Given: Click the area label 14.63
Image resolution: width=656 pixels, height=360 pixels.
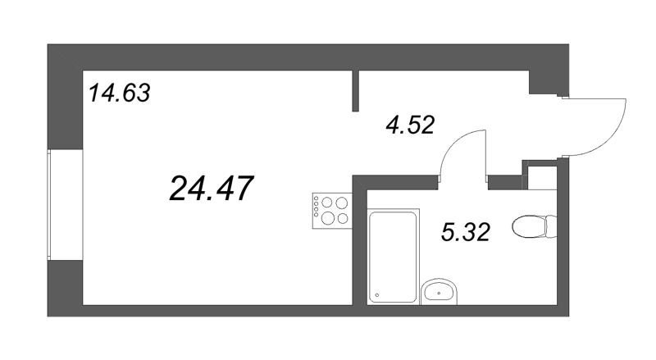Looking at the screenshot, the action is [120, 93].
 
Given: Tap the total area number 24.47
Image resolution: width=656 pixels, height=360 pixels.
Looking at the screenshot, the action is [212, 189].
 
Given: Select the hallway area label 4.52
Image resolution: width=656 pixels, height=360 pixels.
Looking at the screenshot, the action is [410, 125].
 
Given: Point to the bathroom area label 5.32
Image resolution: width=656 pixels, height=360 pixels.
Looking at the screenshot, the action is [465, 232].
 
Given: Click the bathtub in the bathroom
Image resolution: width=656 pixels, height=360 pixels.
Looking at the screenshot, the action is [394, 257].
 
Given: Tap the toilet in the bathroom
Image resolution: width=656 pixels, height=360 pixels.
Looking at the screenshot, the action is [535, 226].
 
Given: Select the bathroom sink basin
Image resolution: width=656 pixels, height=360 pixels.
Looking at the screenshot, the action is [440, 291].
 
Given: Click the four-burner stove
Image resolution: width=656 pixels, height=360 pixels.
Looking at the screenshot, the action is [332, 211].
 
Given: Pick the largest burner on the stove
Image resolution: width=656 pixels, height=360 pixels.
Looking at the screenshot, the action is [327, 217].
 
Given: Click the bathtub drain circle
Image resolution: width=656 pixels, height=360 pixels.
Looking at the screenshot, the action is [377, 295].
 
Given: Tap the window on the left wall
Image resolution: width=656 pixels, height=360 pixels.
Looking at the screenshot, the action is [48, 205].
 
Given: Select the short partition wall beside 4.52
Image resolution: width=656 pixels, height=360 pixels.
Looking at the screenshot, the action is [356, 91].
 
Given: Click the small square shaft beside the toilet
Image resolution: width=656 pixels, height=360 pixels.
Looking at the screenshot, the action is [542, 178].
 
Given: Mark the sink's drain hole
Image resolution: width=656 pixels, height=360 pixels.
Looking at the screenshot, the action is [439, 294].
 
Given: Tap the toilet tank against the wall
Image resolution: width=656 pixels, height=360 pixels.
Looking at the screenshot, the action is [551, 226].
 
